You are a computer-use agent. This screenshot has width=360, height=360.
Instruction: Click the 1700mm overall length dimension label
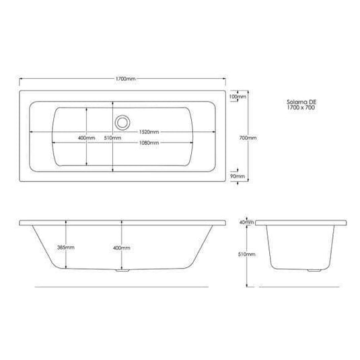tap(124, 79)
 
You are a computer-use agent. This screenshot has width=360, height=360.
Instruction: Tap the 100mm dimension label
tap(237, 98)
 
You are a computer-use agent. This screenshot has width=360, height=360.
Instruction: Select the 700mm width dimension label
tap(248, 137)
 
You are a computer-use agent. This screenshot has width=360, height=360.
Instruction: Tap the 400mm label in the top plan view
tap(86, 137)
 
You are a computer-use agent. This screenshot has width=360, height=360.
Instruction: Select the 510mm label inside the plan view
tap(112, 137)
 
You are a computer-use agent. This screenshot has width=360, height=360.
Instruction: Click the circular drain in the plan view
tap(122, 122)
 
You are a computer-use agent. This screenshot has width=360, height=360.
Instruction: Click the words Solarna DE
tap(299, 102)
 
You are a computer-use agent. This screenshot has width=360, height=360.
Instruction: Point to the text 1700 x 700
tap(299, 108)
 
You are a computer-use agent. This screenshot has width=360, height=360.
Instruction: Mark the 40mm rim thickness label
tap(246, 221)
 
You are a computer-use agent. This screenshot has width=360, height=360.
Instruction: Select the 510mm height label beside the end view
tap(248, 254)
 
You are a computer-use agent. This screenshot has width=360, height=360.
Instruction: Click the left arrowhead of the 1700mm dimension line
tap(22, 79)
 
